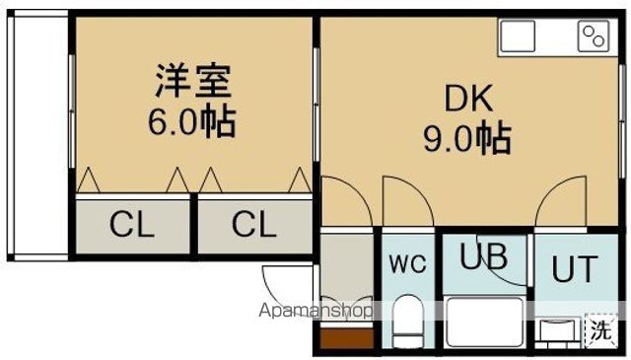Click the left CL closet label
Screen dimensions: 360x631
(132, 226)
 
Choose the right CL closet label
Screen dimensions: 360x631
(254, 226)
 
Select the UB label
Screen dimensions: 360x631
(484, 257)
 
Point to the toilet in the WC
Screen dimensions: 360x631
(406, 321)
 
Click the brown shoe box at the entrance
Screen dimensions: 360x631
(345, 341)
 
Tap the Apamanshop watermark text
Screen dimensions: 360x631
(317, 311)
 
